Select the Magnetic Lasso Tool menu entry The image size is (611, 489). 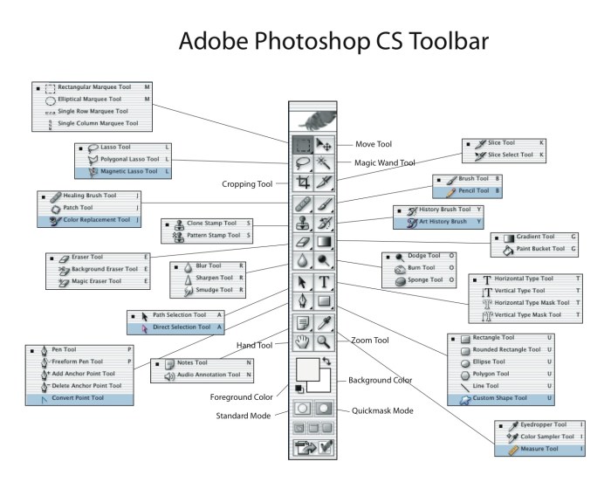129,172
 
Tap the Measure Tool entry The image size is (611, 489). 531,449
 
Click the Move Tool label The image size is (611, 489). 373,144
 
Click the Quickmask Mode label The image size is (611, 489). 382,410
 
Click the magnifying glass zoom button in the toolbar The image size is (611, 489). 324,343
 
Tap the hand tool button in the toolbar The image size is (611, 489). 303,343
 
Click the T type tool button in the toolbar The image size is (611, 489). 324,282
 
